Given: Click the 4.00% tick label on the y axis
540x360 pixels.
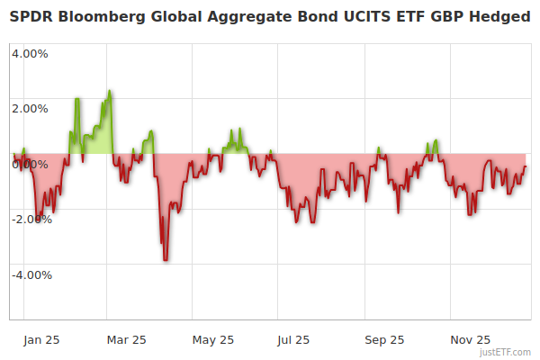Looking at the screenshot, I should (30, 53).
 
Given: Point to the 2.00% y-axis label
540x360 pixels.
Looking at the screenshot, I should (30, 109).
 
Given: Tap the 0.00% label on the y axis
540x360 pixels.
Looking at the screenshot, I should (30, 164).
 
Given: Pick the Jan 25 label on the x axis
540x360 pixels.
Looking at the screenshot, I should (42, 340).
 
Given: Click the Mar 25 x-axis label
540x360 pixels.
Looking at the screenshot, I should (126, 340).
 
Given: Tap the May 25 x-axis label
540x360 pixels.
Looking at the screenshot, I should (213, 340).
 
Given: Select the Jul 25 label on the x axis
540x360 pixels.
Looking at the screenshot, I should (294, 340).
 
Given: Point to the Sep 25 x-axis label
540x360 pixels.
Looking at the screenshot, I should (384, 340).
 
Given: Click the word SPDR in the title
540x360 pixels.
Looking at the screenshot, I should (31, 17).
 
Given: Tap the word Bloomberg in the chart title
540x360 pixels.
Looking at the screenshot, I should (101, 17).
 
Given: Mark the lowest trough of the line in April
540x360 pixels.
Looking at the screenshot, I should (165, 260).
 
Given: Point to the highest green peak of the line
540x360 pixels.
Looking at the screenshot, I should (110, 91).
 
